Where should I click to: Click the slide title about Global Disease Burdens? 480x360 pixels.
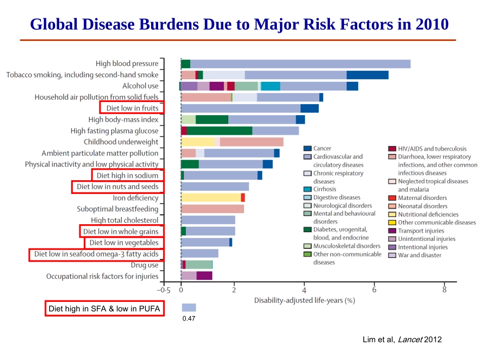[239, 24]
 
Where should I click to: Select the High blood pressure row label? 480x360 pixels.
[127, 64]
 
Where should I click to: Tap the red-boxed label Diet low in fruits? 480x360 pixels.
[132, 108]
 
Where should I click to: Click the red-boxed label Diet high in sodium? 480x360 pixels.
[128, 175]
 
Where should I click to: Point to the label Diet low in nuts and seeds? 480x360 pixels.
[118, 187]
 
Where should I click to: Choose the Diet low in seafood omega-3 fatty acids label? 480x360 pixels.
[97, 254]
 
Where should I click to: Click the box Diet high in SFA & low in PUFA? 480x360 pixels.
[105, 308]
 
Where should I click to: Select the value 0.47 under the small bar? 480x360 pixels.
[188, 318]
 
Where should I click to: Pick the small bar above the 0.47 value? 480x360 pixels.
[188, 307]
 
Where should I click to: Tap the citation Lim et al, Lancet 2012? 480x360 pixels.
[402, 339]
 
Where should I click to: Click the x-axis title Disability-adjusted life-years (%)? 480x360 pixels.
[304, 300]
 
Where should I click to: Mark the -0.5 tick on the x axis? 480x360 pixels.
[164, 290]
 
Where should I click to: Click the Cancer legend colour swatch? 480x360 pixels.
[307, 148]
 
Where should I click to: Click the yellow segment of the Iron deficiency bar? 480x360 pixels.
[211, 197]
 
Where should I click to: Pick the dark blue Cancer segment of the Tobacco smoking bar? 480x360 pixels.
[367, 75]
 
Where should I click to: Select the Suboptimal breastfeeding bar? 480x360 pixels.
[212, 209]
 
